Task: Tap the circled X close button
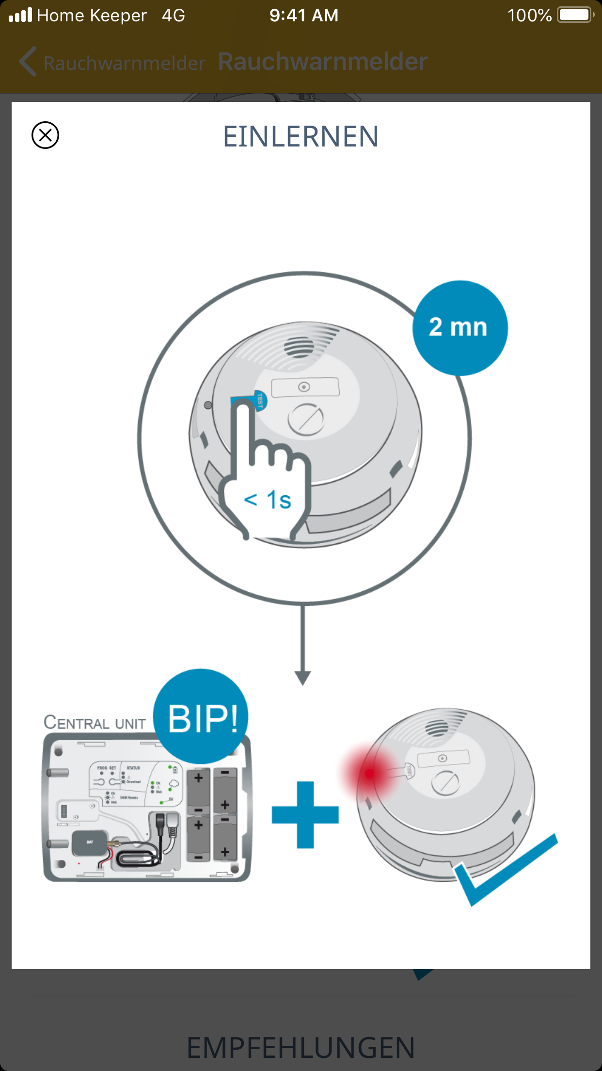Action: coord(45,135)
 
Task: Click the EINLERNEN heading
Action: coord(301,136)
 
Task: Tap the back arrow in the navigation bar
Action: coord(28,62)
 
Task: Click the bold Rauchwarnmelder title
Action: coord(323,62)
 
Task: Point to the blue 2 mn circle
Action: coord(459,328)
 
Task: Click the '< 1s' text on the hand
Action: coord(268,500)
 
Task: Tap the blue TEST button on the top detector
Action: coord(258,400)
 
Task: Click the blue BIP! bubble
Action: coord(201,717)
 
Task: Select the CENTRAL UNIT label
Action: coord(95,723)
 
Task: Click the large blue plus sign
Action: coord(305,815)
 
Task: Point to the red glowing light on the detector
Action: coord(370,773)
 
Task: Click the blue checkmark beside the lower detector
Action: coord(504,868)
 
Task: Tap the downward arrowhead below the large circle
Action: coord(302,677)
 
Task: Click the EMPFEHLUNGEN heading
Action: coord(301,1048)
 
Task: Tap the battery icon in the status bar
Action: coord(575,15)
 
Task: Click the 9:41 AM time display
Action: coord(304,15)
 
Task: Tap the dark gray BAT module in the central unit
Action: coord(89,843)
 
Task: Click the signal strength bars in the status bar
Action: coord(20,15)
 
